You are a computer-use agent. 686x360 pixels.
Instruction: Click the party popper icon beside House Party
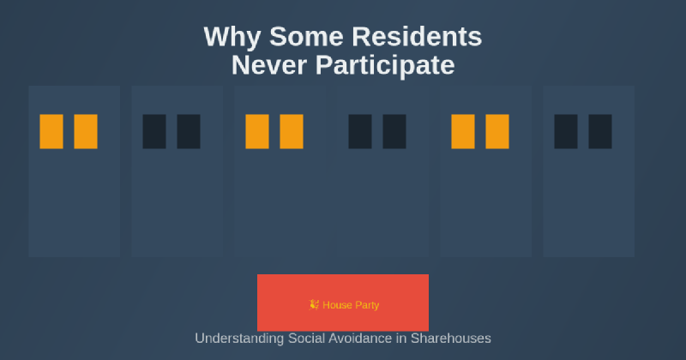click(x=314, y=304)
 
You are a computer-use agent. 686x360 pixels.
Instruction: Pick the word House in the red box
click(x=336, y=305)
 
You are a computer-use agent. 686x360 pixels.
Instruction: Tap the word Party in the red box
click(x=366, y=305)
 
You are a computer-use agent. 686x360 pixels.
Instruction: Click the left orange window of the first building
click(x=51, y=131)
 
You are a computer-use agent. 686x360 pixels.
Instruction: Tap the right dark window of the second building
click(x=189, y=131)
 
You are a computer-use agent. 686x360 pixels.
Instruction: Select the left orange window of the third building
click(x=257, y=131)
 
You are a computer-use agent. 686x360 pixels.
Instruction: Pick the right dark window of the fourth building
click(x=394, y=131)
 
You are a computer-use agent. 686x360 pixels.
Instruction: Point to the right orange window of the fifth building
click(x=497, y=131)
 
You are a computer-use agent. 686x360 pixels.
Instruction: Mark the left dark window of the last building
click(x=566, y=131)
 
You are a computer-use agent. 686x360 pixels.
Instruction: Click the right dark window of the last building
click(x=600, y=131)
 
